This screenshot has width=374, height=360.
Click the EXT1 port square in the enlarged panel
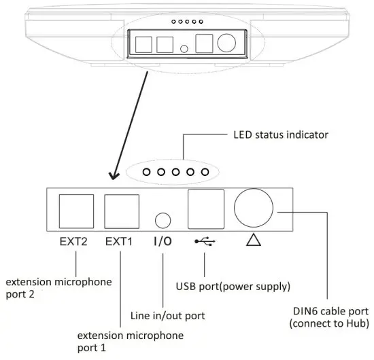click(121, 211)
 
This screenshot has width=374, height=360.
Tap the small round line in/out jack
click(163, 220)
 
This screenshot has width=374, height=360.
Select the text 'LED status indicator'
click(276, 134)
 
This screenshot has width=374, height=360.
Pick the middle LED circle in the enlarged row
click(175, 173)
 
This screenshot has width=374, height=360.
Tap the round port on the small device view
click(225, 43)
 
